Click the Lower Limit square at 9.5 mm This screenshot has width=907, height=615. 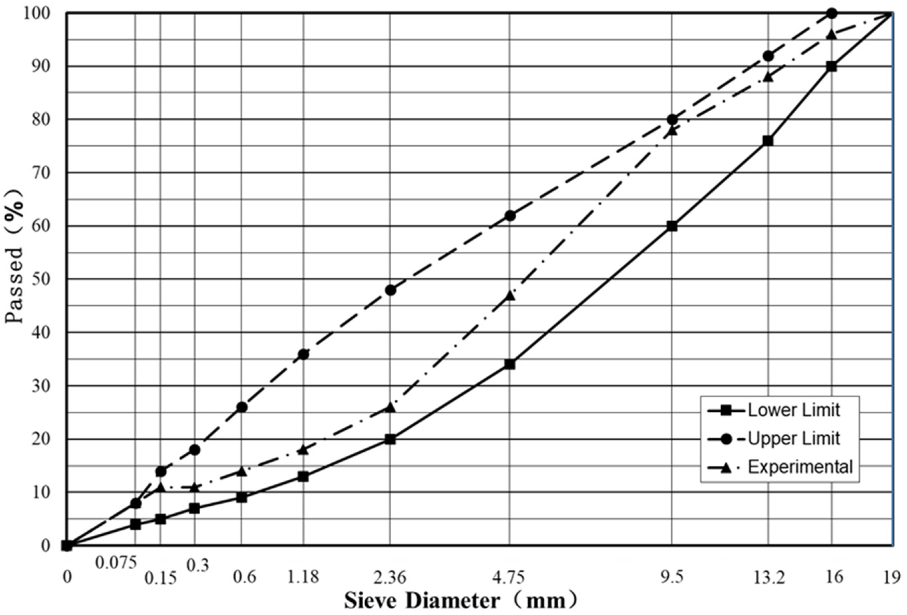click(x=672, y=226)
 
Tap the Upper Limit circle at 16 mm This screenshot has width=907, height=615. click(x=832, y=13)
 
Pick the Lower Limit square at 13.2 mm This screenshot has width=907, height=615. click(x=768, y=141)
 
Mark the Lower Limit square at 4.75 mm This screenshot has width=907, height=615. click(x=510, y=364)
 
